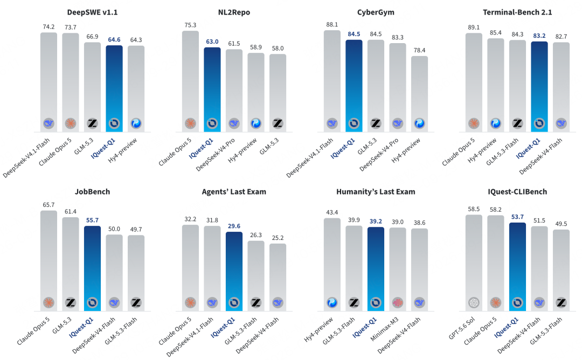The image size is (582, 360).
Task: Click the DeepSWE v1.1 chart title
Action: (92, 12)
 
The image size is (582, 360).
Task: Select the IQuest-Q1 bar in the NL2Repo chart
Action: (212, 89)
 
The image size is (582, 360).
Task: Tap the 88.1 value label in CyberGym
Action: (332, 24)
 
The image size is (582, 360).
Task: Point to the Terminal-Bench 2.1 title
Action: (517, 12)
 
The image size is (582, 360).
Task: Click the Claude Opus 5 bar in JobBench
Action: (48, 260)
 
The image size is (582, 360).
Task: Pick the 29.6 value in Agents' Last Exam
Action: (234, 226)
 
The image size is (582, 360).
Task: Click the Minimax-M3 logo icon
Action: (398, 303)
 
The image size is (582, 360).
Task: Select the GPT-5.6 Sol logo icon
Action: (474, 303)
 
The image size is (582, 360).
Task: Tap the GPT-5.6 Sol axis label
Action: (462, 328)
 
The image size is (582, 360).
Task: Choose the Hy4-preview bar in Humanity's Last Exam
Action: (332, 264)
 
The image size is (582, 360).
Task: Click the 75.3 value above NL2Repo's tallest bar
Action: (190, 25)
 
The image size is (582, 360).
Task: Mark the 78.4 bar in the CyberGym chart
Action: (419, 94)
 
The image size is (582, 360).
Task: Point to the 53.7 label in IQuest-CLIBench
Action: (517, 217)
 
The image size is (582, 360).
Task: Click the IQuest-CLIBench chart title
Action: (517, 191)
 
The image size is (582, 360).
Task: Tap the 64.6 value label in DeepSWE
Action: (114, 39)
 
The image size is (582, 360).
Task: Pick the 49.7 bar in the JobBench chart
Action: (136, 273)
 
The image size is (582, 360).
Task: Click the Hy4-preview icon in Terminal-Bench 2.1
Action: (496, 123)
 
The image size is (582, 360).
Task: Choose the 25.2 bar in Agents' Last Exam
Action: (278, 277)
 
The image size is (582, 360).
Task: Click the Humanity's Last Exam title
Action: (376, 191)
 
